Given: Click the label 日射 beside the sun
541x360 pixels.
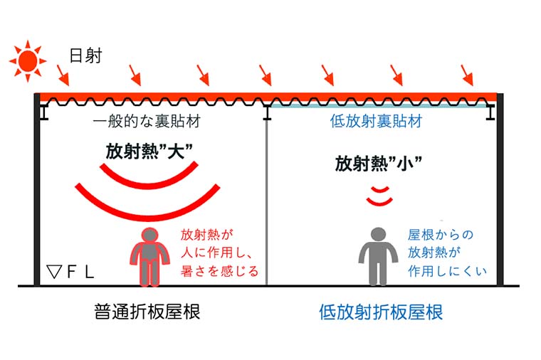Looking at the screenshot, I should click(85, 55).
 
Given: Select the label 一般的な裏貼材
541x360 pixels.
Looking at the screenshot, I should click(146, 122).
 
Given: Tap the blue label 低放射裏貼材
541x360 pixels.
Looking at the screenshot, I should click(377, 122).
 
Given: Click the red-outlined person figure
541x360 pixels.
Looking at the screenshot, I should click(149, 256).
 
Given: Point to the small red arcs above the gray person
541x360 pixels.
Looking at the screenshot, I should click(379, 195).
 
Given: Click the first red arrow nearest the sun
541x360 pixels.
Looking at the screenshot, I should click(63, 73).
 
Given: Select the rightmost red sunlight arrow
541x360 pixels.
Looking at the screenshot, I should click(467, 73).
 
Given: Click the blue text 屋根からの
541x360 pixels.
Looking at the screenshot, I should click(440, 235).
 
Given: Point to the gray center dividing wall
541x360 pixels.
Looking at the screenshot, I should click(267, 199).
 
